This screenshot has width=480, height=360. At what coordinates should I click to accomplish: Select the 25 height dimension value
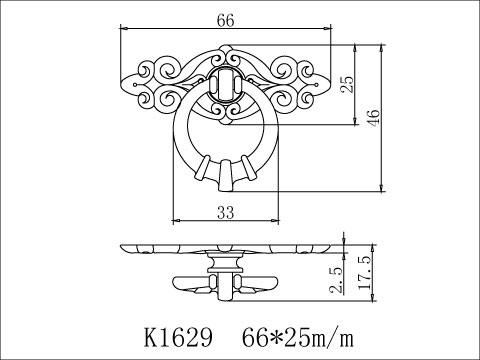[347, 86]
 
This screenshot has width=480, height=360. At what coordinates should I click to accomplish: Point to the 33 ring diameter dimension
[225, 210]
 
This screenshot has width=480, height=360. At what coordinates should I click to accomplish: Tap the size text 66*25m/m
[298, 332]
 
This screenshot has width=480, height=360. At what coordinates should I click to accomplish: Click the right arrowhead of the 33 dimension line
[276, 220]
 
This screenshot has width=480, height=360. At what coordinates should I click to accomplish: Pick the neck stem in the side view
[225, 264]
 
